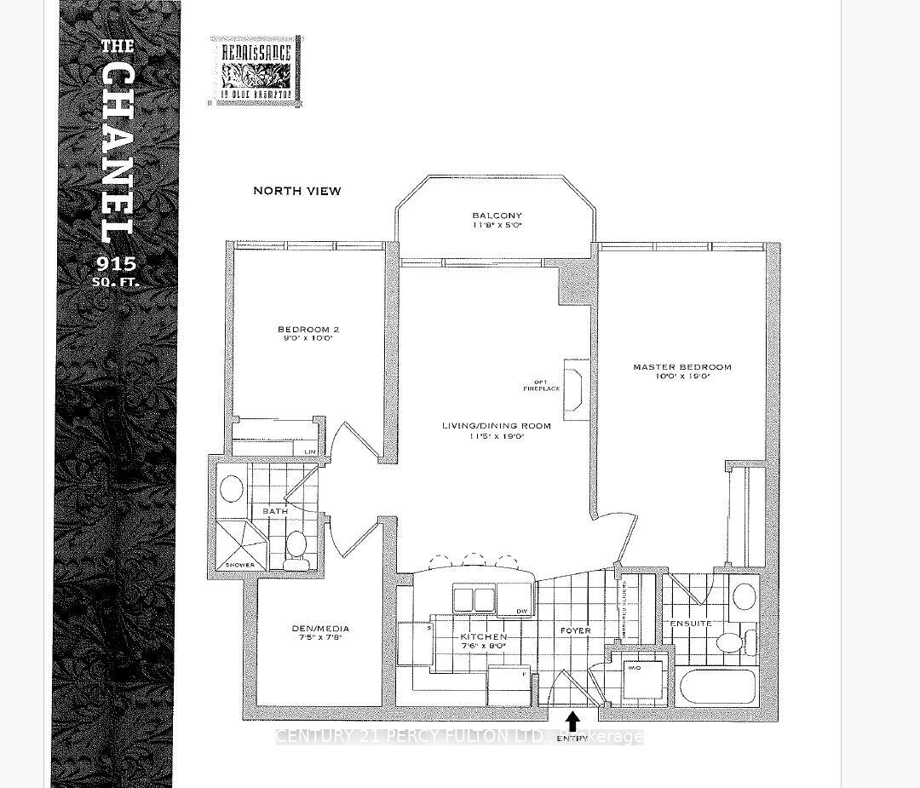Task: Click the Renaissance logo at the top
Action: (x=255, y=72)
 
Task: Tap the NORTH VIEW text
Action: (x=296, y=191)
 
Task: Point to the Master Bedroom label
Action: (x=681, y=372)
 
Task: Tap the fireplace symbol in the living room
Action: (x=575, y=388)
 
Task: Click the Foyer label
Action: (x=575, y=630)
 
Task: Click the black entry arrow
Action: (x=573, y=722)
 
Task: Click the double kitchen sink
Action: (x=474, y=599)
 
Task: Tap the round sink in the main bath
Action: (x=232, y=489)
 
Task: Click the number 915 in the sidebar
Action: (x=117, y=262)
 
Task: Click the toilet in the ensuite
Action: (x=730, y=641)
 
